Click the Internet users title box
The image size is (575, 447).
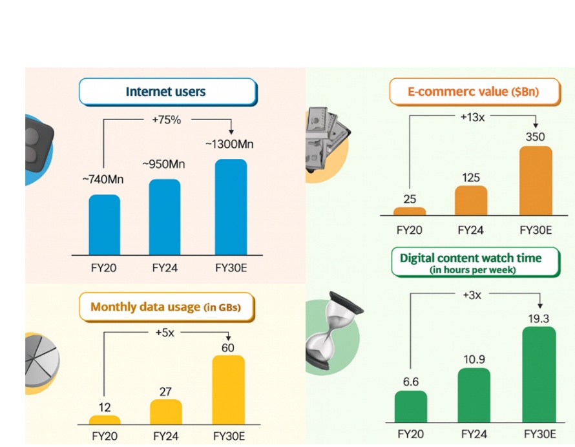[x=167, y=92]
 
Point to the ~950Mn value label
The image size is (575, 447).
[x=163, y=165]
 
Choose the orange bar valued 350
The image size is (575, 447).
[x=536, y=181]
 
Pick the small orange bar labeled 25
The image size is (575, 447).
[x=410, y=211]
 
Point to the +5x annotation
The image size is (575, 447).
[x=165, y=333]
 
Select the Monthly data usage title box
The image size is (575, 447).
[x=165, y=307]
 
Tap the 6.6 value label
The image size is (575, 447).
[x=411, y=382]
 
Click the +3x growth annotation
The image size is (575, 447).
[x=474, y=295]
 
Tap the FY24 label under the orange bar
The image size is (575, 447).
[x=472, y=230]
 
